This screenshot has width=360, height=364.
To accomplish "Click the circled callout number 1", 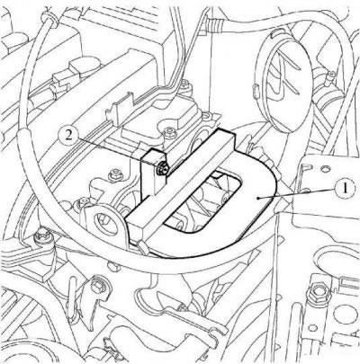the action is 345,189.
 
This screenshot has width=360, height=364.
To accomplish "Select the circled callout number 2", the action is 68,136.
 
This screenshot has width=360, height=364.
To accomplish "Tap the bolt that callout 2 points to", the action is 162,169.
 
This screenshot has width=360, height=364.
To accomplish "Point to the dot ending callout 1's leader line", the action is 258,198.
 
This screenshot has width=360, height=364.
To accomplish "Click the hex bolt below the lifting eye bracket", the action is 96,289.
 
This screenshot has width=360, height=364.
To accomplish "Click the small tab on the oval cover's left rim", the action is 256,90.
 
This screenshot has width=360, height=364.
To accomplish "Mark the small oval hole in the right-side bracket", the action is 324,170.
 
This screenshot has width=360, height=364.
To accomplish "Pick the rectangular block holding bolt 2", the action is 154,173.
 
